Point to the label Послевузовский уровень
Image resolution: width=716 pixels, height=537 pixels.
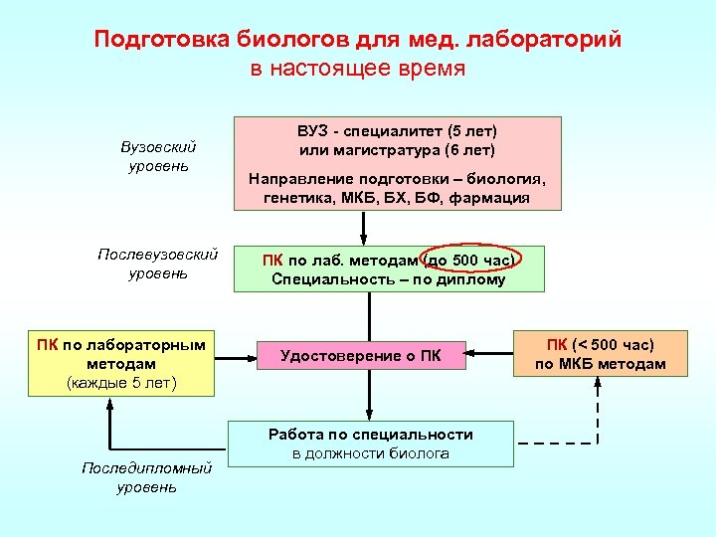click(157, 264)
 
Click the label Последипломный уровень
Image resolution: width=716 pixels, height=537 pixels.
click(146, 477)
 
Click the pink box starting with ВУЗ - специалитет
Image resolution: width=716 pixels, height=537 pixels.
click(397, 163)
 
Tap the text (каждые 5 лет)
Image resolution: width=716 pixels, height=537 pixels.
click(121, 382)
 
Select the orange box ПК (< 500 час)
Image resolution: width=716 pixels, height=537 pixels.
click(600, 353)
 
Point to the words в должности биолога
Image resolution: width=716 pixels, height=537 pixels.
click(370, 453)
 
